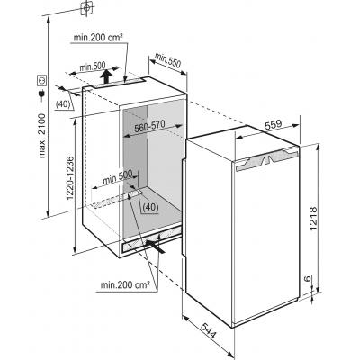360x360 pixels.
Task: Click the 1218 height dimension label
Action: pos(313,219)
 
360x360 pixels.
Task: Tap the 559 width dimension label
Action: pos(273,124)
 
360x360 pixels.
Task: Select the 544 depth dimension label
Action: pos(209,330)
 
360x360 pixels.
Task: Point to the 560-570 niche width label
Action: pos(149,126)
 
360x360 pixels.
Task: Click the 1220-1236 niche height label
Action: pos(69,178)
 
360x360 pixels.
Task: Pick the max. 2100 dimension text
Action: pos(41,136)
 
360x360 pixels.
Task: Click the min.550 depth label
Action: pos(168,59)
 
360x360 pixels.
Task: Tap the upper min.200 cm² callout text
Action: pos(98,38)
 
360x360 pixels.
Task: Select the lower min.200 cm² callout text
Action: pos(125,284)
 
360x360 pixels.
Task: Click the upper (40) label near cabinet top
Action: pos(63,104)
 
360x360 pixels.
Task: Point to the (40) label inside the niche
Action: pos(150,207)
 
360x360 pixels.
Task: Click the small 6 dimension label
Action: pos(307,278)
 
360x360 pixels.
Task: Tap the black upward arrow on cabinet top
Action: pos(106,76)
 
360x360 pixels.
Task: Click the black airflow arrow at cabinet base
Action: pos(156,247)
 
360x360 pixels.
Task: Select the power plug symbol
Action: pos(41,94)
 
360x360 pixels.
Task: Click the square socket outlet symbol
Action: pos(41,80)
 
